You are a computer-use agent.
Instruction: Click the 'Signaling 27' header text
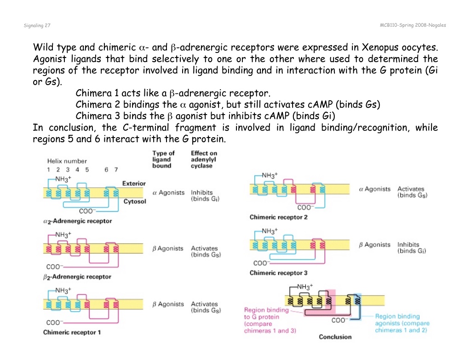(37, 26)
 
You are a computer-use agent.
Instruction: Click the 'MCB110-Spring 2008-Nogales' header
(413, 25)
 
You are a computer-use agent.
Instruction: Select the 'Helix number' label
(67, 161)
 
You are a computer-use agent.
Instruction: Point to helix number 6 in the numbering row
(106, 170)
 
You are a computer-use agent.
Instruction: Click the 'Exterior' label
(134, 183)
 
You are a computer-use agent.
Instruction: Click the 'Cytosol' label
(135, 202)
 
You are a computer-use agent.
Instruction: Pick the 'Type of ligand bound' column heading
(163, 159)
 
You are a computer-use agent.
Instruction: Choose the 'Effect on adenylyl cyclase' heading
(204, 159)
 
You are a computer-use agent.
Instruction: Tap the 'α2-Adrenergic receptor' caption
(77, 221)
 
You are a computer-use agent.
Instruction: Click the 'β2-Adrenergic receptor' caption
(77, 277)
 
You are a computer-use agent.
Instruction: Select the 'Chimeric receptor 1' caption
(72, 332)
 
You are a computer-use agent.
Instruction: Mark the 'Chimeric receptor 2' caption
(278, 217)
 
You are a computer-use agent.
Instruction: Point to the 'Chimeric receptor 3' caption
(278, 273)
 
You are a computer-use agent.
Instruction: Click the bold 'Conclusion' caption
(335, 337)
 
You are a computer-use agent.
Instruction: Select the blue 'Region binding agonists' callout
(402, 323)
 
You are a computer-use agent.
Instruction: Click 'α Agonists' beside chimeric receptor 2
(374, 189)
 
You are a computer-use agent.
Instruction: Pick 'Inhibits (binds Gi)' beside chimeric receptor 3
(412, 248)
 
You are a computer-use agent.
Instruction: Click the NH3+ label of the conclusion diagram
(305, 286)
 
